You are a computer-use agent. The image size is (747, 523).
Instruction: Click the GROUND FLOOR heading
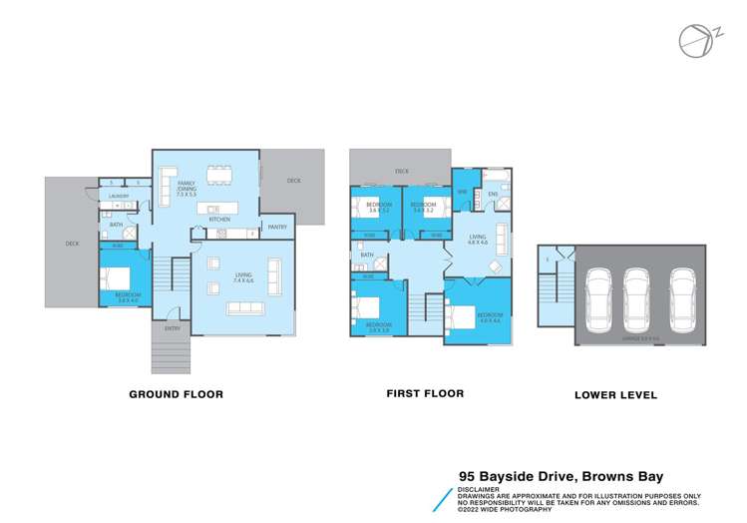click(x=176, y=394)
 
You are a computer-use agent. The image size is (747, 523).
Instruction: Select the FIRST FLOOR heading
click(x=425, y=393)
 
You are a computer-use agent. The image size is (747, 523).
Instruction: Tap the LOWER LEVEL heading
click(x=615, y=395)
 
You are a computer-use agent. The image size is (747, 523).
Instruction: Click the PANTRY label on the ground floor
click(x=277, y=228)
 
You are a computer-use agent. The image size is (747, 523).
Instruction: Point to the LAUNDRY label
click(x=120, y=197)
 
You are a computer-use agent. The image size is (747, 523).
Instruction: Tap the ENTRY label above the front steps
click(x=173, y=328)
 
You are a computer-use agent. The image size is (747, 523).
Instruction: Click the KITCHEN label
click(x=219, y=219)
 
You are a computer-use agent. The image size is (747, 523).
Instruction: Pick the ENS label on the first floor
click(x=492, y=194)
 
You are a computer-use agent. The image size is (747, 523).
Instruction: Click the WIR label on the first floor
click(x=462, y=192)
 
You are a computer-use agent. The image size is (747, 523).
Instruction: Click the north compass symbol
click(x=694, y=38)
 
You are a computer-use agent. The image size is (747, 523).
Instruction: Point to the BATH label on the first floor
click(x=367, y=256)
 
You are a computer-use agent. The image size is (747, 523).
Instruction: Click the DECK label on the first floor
click(x=400, y=172)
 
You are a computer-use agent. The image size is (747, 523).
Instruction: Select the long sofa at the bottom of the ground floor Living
click(x=244, y=307)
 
